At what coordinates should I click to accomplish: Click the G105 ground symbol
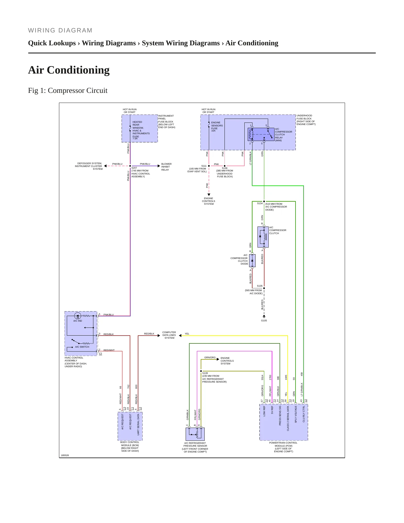pos(264,317)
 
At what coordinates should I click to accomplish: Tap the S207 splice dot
pos(130,166)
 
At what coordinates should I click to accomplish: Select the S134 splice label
pos(260,203)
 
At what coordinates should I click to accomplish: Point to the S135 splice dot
pos(264,288)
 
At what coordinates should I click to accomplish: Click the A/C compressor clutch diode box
pos(252,260)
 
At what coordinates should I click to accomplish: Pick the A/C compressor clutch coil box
pos(263,237)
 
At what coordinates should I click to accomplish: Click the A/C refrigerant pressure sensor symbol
pos(195,434)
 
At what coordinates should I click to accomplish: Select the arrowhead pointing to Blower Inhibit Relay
pos(159,166)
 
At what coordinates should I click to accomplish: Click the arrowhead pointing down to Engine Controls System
pos(209,195)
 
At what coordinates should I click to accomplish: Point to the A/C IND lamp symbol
pos(78,316)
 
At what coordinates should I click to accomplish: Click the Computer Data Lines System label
pos(169,335)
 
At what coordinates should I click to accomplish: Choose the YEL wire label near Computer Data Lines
pos(187,334)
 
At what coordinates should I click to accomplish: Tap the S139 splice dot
pos(201,371)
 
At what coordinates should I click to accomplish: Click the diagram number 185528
pos(65,455)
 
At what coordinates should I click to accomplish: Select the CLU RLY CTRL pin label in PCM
pos(304,414)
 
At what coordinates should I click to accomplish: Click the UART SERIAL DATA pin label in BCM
pos(138,425)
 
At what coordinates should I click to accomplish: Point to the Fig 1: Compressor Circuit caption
pos(68,90)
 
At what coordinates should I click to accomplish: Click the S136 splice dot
pos(225,166)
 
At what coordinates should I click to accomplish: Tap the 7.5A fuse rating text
pos(135,138)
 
